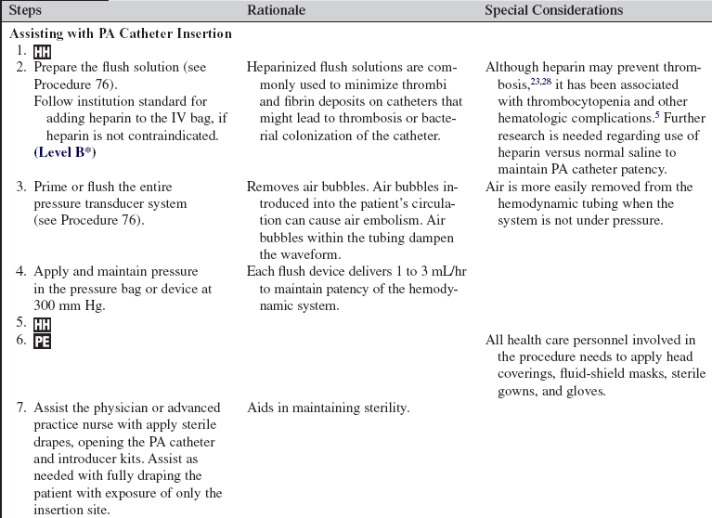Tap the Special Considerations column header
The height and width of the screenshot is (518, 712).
tap(553, 10)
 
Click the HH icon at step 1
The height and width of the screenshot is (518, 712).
tap(42, 52)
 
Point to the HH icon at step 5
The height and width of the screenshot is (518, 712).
tap(42, 323)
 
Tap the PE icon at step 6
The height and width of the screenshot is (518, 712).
tap(42, 341)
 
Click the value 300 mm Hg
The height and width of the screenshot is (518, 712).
tap(61, 304)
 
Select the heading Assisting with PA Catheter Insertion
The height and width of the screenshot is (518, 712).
tap(120, 34)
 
